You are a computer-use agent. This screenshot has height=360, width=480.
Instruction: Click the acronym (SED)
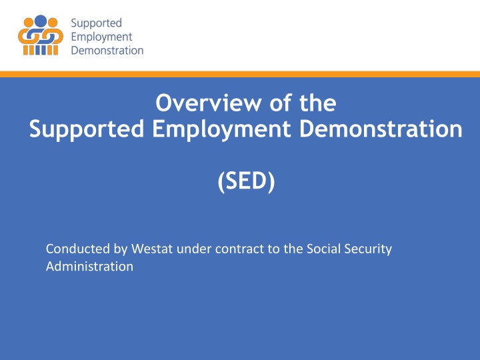click(x=245, y=180)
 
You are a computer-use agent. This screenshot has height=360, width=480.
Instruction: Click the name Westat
click(x=139, y=249)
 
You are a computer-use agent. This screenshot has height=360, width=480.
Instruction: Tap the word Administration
click(x=89, y=267)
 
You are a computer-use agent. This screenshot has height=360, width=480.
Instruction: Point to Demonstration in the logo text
click(x=107, y=49)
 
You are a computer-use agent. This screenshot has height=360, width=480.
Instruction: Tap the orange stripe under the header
click(x=240, y=73)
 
